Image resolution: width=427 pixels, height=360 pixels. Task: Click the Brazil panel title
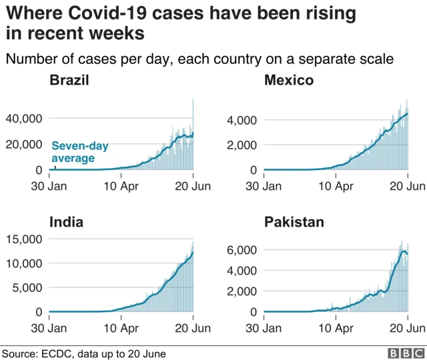click(71, 81)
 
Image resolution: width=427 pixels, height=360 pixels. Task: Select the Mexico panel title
click(289, 81)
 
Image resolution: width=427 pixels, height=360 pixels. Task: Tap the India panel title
click(67, 222)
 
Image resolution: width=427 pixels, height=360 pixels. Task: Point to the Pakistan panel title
click(294, 222)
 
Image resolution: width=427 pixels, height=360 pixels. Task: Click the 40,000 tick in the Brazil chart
click(25, 119)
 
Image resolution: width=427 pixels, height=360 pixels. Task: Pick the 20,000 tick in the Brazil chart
click(25, 145)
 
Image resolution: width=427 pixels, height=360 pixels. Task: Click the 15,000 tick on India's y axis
click(25, 239)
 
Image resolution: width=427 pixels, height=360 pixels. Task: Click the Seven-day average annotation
click(79, 151)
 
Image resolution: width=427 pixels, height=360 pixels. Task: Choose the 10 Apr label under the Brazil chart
click(120, 187)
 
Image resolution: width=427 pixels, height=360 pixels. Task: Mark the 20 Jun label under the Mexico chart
click(407, 187)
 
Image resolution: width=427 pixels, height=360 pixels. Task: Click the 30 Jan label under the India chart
click(49, 327)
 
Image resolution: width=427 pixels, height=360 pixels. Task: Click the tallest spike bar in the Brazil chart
click(193, 133)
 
